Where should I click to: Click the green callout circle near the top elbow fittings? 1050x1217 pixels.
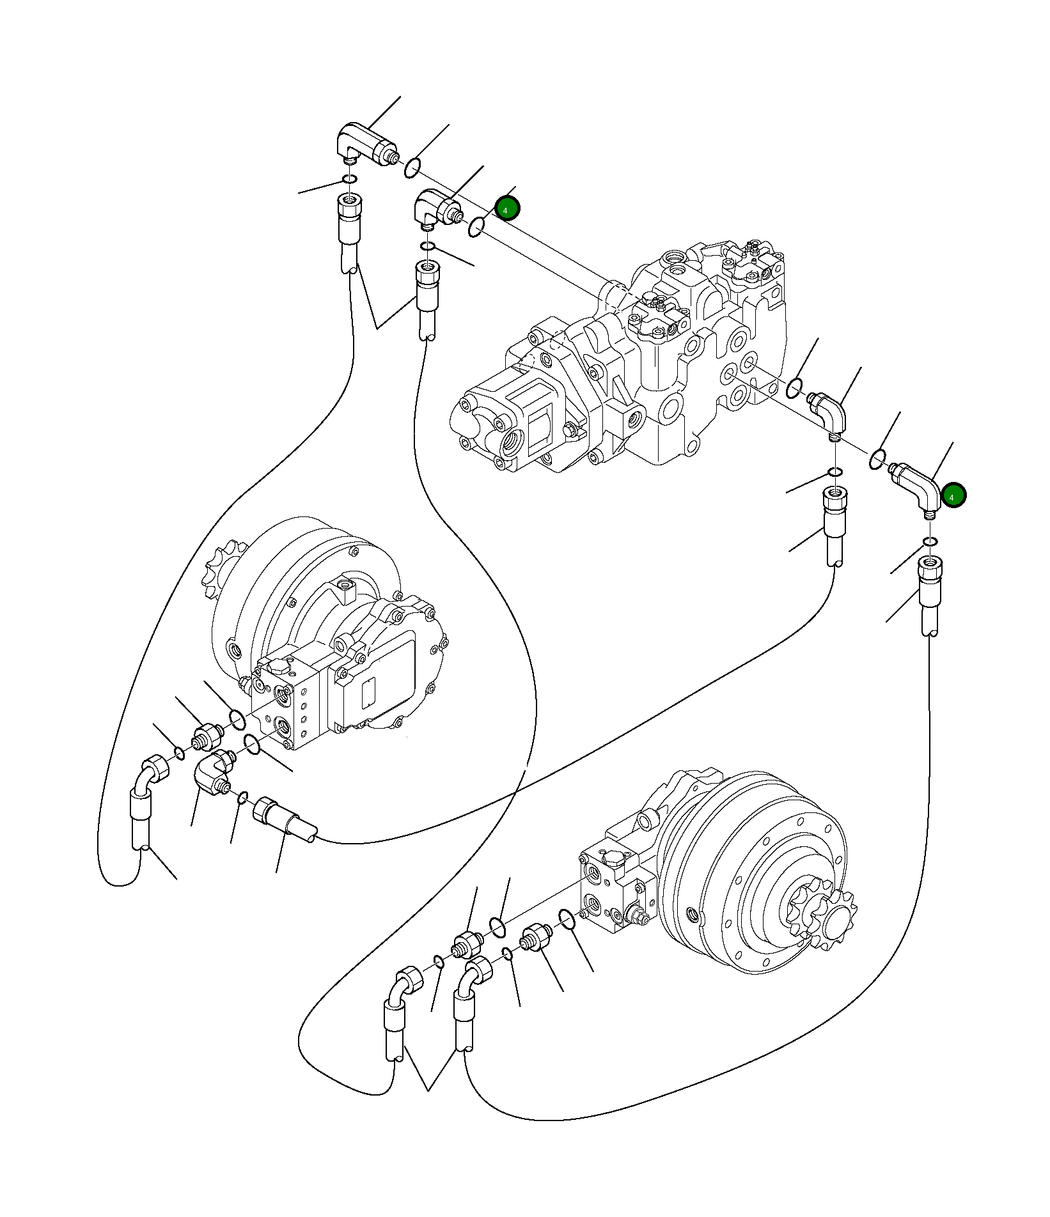(507, 208)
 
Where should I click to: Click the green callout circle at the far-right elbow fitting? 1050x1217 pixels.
(953, 495)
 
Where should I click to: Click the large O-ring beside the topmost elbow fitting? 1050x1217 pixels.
(412, 169)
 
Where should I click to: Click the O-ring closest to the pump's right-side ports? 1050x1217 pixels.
(794, 387)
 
